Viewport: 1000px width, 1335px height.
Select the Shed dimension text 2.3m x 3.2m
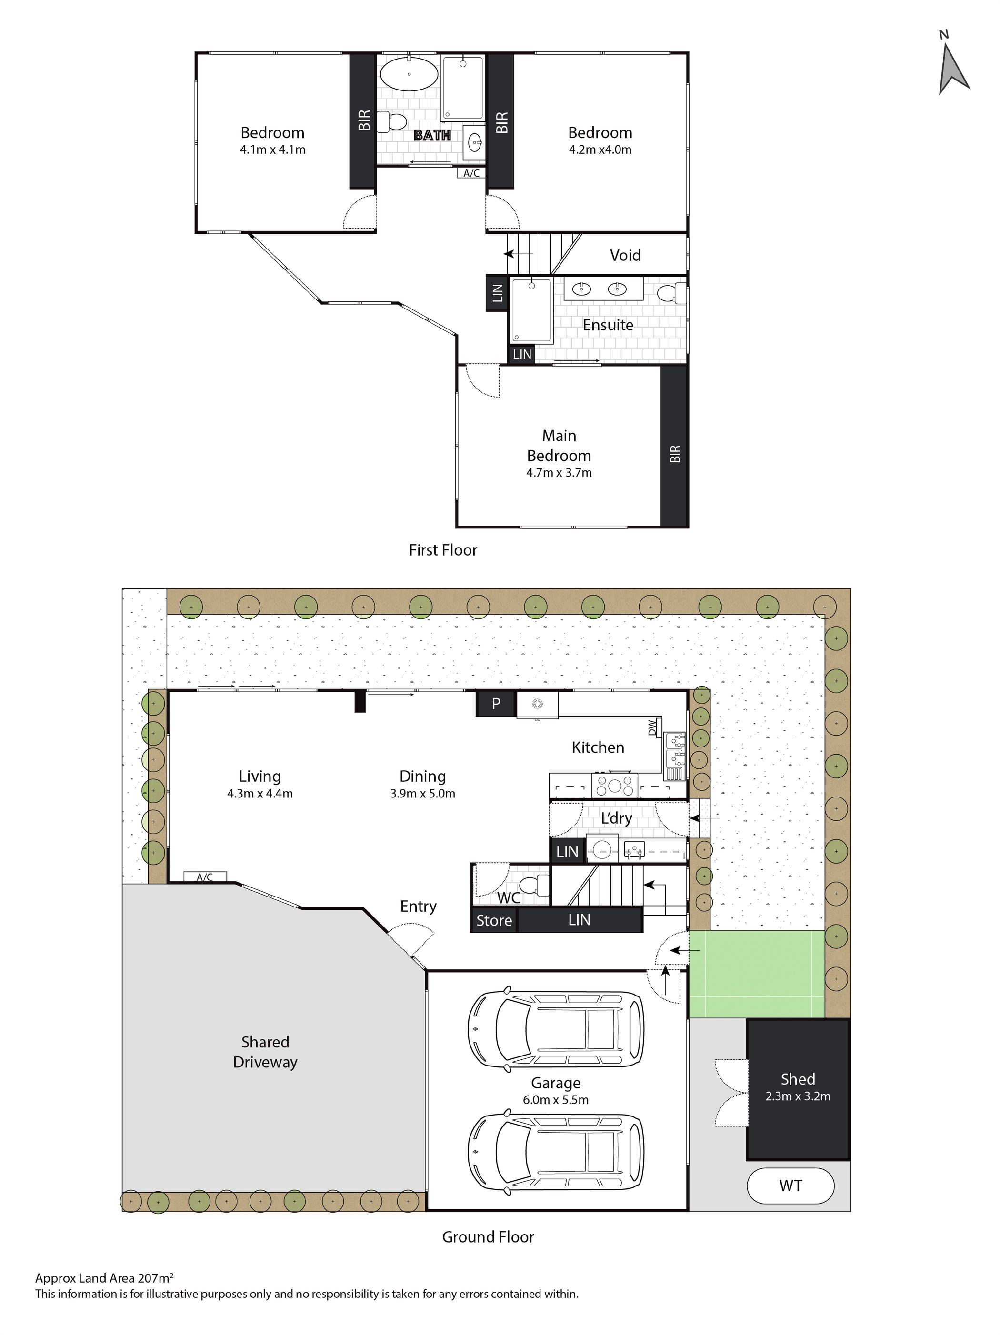point(797,1096)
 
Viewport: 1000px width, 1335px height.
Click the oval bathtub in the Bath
point(409,74)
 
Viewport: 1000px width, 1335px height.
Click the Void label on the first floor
point(625,255)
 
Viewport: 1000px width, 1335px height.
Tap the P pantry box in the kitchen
point(495,703)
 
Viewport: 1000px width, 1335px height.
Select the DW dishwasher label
point(652,728)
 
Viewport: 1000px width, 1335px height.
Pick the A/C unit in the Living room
point(205,877)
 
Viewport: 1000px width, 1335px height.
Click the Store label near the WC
point(494,920)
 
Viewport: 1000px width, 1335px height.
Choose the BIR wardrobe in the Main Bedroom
point(674,446)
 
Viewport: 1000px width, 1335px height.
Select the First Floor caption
point(443,550)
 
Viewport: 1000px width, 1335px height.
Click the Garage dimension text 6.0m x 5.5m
point(555,1100)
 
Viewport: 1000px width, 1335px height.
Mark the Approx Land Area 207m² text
point(104,1278)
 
